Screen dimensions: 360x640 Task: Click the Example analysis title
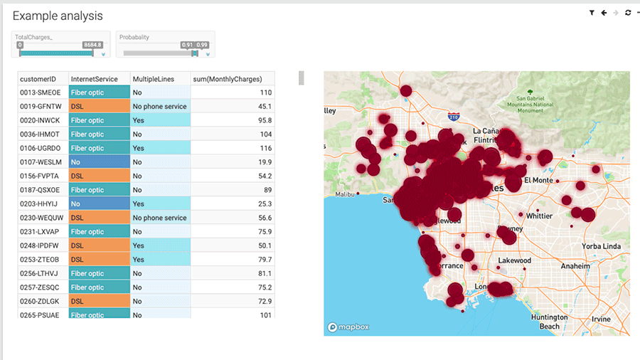pos(58,16)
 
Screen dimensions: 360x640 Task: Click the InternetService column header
pos(94,78)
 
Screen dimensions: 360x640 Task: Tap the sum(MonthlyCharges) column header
pos(228,78)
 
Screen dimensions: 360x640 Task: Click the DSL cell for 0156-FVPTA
pos(99,176)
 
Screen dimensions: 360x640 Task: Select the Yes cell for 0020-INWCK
pos(160,120)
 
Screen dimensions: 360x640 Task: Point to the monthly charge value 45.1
pos(265,107)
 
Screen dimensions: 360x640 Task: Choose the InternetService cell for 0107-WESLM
pos(99,162)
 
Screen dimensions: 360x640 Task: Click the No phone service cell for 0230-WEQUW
pos(160,218)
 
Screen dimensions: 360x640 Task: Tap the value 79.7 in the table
pos(265,260)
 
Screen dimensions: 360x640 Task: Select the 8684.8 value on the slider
pos(92,45)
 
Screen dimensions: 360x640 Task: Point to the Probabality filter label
pos(134,37)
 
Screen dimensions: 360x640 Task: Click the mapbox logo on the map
pos(350,327)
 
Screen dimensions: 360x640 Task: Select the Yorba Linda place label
pos(602,246)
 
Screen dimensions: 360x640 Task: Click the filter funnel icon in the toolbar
pos(592,13)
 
